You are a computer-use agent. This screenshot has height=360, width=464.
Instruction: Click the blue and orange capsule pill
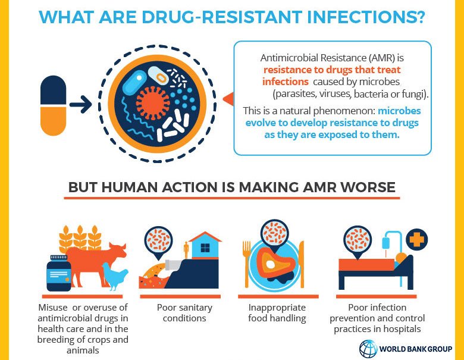pos(53,106)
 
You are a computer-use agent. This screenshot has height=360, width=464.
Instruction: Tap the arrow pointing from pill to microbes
pos(80,106)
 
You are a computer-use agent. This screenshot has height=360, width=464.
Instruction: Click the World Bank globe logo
pos(368,348)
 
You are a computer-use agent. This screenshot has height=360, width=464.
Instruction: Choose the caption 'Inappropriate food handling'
pos(277,313)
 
